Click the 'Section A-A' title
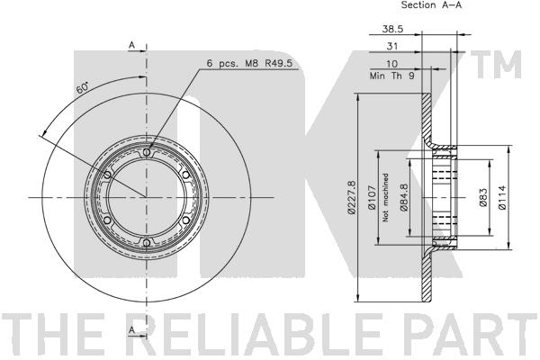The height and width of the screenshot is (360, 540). click(x=431, y=4)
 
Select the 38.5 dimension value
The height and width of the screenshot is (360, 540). click(x=392, y=29)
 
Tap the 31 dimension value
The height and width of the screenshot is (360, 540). click(x=392, y=46)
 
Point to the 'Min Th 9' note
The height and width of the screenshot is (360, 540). click(x=391, y=76)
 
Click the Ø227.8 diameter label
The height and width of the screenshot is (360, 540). click(x=351, y=197)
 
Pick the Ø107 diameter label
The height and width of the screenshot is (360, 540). click(x=372, y=197)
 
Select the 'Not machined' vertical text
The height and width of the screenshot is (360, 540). click(x=385, y=197)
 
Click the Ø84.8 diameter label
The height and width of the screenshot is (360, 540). click(x=404, y=197)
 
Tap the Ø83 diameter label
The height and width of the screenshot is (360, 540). click(x=483, y=197)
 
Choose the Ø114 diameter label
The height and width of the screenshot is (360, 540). click(x=502, y=197)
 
